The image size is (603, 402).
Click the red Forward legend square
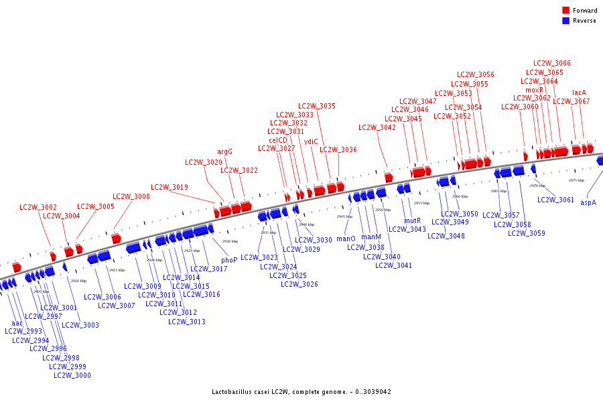(x=565, y=11)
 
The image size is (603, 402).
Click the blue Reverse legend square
(x=565, y=21)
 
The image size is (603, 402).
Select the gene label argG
(x=224, y=151)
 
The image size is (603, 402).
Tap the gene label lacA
(x=579, y=92)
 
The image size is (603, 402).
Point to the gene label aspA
(x=588, y=202)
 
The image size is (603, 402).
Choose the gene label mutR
(x=413, y=220)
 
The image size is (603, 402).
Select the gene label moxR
(x=534, y=90)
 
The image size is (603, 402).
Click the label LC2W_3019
(x=170, y=187)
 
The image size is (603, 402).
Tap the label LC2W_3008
(x=131, y=196)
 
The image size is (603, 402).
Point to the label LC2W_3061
(x=555, y=200)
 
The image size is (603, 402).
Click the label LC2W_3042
(x=377, y=127)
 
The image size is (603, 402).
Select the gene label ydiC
(x=311, y=141)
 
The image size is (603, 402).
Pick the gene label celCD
(x=278, y=140)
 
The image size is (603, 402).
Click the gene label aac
(x=17, y=323)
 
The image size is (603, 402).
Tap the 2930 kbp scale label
(x=230, y=241)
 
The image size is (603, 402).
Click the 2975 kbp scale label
(x=576, y=180)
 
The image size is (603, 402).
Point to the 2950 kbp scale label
(x=383, y=210)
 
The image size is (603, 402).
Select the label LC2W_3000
(x=72, y=375)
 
